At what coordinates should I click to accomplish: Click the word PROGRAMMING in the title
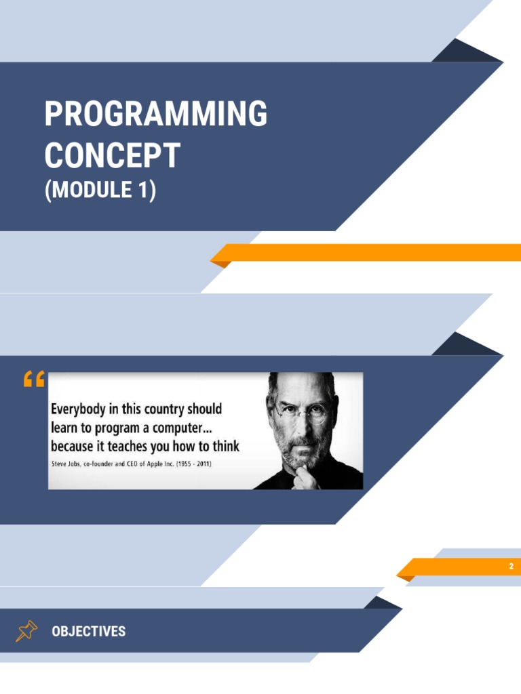(155, 114)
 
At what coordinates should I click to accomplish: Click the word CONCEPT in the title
(112, 155)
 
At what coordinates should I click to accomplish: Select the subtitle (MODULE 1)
(100, 190)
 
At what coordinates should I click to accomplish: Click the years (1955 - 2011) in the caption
(208, 464)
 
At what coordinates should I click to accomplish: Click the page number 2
(512, 567)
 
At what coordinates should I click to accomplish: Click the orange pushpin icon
(26, 632)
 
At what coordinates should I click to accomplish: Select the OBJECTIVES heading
(89, 632)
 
